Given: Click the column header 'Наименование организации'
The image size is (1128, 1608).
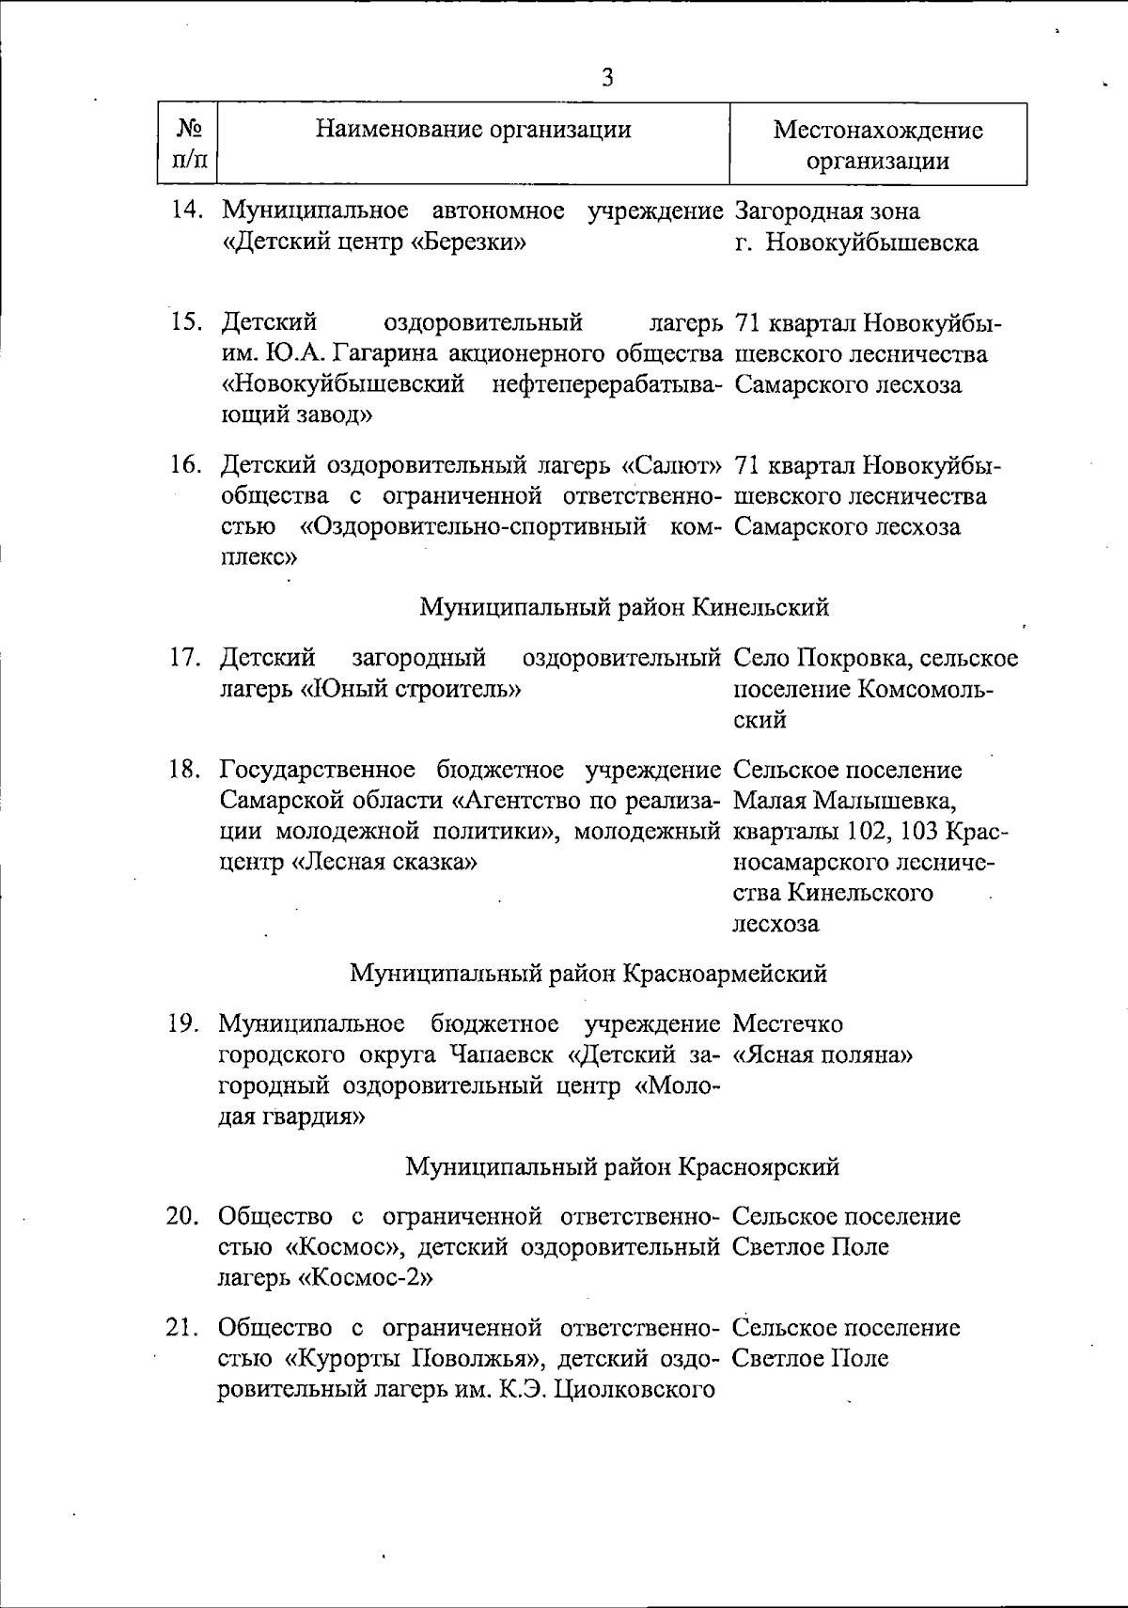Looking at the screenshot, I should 473,129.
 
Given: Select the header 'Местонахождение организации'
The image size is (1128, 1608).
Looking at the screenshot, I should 878,145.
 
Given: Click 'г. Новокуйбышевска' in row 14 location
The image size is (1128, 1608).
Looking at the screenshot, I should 856,242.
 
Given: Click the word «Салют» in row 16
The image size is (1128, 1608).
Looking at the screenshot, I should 672,465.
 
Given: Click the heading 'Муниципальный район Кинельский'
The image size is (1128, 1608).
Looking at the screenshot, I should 623,607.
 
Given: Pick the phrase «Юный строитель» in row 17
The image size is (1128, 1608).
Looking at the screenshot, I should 411,689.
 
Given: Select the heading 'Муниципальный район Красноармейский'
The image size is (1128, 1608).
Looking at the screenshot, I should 588,973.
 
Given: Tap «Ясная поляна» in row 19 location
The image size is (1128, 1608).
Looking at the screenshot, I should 822,1054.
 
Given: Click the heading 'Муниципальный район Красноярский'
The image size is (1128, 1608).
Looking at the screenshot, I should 622,1167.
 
